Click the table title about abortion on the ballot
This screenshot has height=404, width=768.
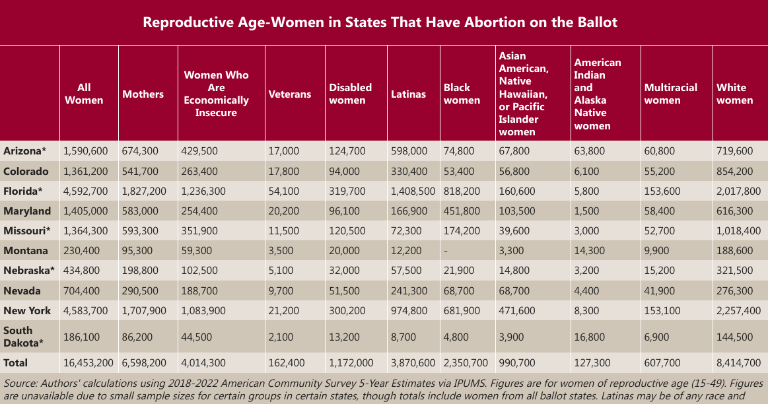tap(380, 22)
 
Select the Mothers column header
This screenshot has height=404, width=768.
tap(143, 94)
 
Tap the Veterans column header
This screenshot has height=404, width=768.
tap(289, 94)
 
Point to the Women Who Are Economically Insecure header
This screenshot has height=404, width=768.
tap(216, 94)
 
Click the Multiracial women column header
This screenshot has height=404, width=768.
tap(670, 94)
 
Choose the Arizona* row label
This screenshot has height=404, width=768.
tap(25, 151)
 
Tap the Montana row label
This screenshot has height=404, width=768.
tap(25, 251)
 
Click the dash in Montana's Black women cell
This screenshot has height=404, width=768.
tap(446, 251)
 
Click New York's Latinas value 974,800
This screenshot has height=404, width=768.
tap(408, 310)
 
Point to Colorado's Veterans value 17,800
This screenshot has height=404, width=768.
tap(284, 172)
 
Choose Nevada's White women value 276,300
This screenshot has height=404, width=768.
tap(734, 290)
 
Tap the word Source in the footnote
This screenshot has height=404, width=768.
tap(18, 383)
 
